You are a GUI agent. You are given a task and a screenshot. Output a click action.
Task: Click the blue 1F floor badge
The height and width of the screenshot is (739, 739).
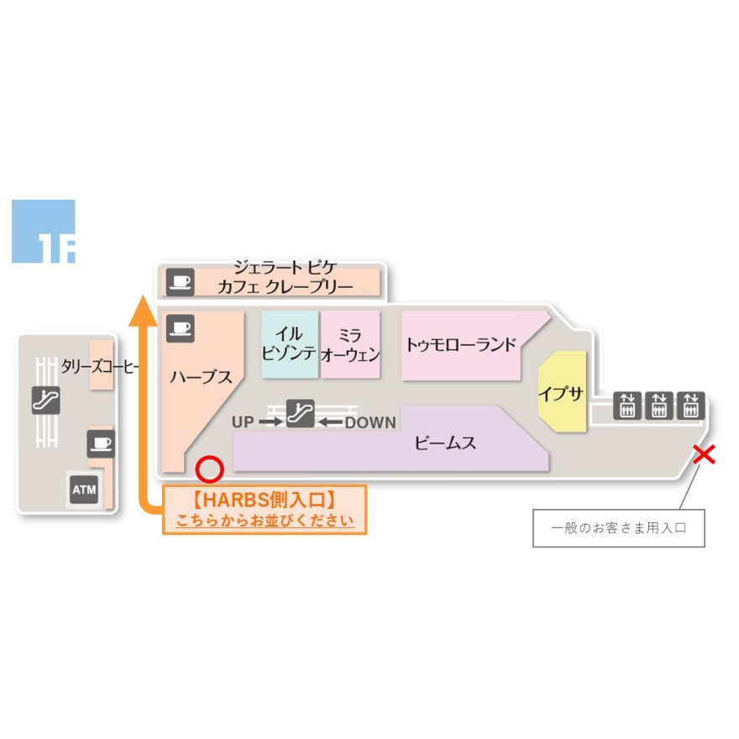click(x=43, y=232)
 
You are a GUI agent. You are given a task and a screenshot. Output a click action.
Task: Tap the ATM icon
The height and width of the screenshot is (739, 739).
click(x=83, y=489)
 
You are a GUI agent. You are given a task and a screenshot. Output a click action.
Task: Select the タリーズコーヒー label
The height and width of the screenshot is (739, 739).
click(x=100, y=366)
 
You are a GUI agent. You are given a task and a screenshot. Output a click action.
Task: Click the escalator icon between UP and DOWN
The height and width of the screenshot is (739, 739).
click(x=300, y=413)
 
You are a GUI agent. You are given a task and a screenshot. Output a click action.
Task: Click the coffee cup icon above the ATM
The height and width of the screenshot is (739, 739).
click(x=101, y=443)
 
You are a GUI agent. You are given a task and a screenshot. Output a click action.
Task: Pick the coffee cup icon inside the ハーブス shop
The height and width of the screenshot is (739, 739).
click(x=181, y=327)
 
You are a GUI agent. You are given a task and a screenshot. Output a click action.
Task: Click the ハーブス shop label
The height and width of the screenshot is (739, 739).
click(x=201, y=377)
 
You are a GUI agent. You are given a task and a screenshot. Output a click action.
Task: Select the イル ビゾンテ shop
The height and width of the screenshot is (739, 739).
click(x=290, y=344)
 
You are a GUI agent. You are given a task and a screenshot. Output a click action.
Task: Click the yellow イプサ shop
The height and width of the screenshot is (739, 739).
click(x=560, y=394)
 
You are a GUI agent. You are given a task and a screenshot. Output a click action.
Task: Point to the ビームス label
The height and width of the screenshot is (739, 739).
click(x=446, y=443)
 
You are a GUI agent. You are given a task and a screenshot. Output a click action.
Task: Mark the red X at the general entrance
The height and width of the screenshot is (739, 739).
click(x=704, y=455)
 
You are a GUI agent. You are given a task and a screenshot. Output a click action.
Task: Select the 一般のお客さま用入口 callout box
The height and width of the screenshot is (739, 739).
click(x=618, y=528)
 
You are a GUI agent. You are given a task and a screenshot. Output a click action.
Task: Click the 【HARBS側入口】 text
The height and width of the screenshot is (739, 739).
click(x=264, y=500)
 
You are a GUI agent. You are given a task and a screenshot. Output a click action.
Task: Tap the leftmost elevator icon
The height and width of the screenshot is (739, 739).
click(x=626, y=405)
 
